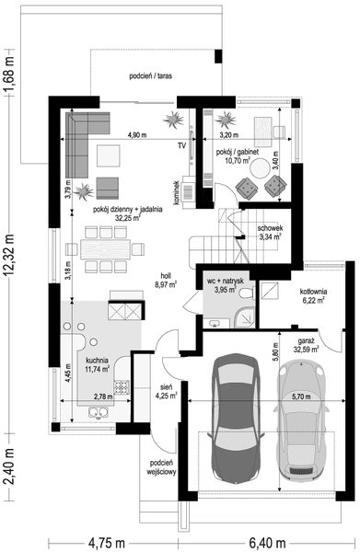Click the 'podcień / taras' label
pos(151,75)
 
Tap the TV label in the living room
pos(181,145)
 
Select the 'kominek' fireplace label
pos(176,193)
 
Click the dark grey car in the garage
pos(236,419)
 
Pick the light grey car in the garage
pos(302,420)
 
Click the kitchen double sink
pos(99,412)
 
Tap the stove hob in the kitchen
pos(122,387)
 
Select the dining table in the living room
pos(105,249)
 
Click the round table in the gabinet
pos(261,168)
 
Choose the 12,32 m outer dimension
pos(9,254)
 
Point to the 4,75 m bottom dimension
pos(107,543)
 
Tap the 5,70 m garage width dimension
pos(301,397)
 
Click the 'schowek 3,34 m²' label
pos(270,233)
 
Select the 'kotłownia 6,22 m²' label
pos(313,295)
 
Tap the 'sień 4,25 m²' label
pos(166,392)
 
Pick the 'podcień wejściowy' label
pos(161,467)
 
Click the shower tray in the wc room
pos(245,316)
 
